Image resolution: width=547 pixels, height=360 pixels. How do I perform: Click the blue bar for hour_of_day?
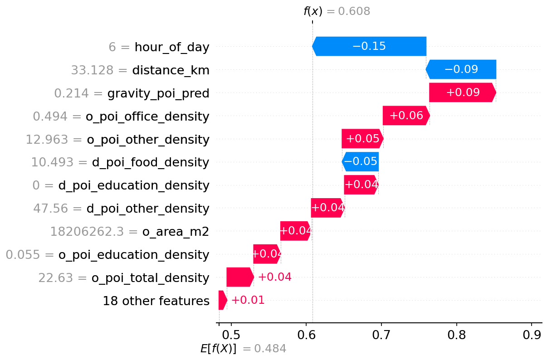coord(369,46)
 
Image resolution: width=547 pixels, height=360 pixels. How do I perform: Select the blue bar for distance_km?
coord(461,69)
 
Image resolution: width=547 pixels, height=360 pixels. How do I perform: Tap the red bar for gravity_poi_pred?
coord(462,92)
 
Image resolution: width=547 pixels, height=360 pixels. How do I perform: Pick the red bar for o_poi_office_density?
coord(406,116)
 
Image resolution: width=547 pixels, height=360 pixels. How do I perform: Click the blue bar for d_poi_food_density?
coord(360,162)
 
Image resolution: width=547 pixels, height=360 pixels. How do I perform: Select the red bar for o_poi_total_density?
coord(240,277)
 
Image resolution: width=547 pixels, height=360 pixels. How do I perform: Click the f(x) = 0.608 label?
coord(337,12)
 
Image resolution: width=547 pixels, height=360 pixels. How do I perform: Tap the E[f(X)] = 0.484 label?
coord(243,349)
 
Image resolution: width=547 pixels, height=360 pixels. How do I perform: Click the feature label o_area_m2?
coord(176,232)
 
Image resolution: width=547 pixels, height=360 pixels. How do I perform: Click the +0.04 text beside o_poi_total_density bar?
coord(274,277)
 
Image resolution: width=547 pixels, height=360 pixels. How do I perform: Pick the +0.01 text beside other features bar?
coord(248,300)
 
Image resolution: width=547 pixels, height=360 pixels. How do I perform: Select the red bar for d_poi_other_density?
coord(327,208)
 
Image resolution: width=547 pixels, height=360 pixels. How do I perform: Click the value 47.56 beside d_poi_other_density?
coord(54,209)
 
